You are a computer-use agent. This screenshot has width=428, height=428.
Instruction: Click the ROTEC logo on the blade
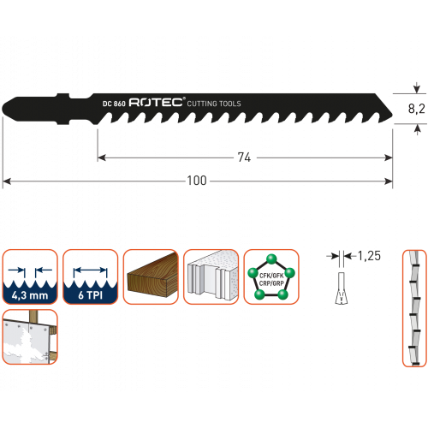[x=156, y=103]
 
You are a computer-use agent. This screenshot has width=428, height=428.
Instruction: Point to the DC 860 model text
[x=114, y=104]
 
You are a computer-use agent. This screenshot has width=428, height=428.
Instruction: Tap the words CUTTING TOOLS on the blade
[x=214, y=104]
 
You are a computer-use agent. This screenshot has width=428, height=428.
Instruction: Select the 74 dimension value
[x=244, y=158]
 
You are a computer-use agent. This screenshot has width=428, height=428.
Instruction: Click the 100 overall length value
[x=197, y=181]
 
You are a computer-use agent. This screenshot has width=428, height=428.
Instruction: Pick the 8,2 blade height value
[x=416, y=109]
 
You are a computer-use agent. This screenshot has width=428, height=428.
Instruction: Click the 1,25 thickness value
[x=369, y=256]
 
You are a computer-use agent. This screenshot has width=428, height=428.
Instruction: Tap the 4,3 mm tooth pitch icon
[x=30, y=276]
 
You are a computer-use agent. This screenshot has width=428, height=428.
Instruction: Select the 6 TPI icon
[x=91, y=276]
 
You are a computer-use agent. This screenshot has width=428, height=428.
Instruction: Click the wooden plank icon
[x=151, y=276]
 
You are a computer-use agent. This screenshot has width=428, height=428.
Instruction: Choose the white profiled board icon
[x=211, y=276]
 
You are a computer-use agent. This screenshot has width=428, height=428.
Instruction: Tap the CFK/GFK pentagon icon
[x=271, y=276]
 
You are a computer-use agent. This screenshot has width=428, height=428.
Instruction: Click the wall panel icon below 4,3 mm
[x=30, y=337]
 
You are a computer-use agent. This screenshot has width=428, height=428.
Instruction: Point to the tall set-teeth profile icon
[x=414, y=308]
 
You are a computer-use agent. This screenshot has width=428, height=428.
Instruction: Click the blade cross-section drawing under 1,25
[x=342, y=288]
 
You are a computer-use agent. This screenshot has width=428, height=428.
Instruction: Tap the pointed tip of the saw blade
[x=392, y=116]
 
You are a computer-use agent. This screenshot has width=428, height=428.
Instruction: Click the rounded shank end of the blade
[x=3, y=109]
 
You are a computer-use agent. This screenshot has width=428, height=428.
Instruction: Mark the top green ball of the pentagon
[x=271, y=259]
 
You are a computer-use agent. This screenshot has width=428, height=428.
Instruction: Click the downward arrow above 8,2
[x=417, y=88]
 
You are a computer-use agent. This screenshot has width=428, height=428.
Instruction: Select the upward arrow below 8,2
[x=418, y=129]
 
